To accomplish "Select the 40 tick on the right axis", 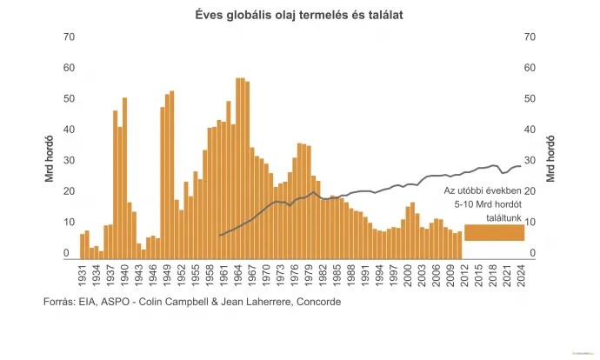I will [x=529, y=130].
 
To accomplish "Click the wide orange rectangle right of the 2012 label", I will [x=494, y=232].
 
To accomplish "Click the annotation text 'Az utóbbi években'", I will [x=483, y=190].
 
